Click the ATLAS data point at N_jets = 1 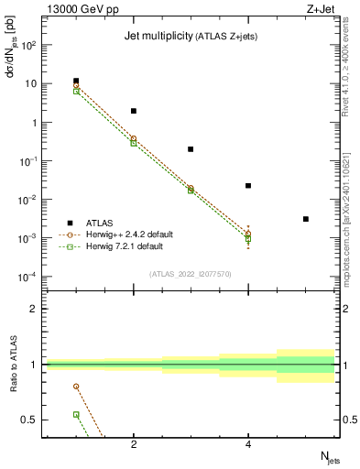click(x=76, y=81)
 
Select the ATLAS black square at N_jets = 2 click(x=134, y=111)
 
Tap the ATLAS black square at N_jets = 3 click(x=191, y=148)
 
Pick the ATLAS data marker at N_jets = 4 click(x=248, y=186)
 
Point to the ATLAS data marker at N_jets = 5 click(x=305, y=219)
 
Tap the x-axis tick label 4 click(x=248, y=446)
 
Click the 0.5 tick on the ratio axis click(x=30, y=420)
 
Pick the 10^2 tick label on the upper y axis click(x=27, y=45)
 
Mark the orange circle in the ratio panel click(x=76, y=387)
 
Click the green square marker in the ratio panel click(x=76, y=414)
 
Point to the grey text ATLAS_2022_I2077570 click(x=191, y=274)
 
